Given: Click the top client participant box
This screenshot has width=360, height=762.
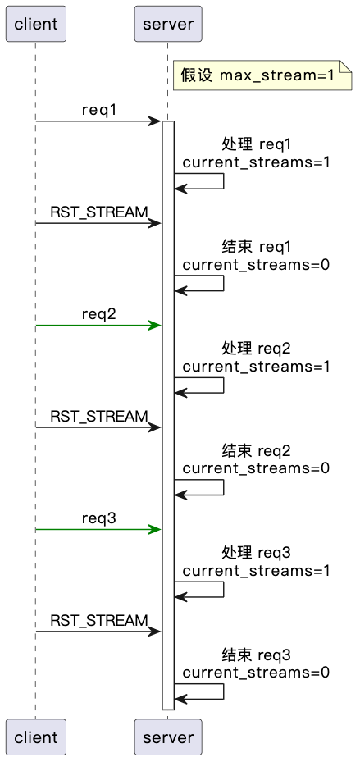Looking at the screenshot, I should [x=35, y=24].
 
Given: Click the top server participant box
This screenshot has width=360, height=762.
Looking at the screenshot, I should [x=167, y=24].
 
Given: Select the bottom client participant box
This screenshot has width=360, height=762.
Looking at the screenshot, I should [x=35, y=737].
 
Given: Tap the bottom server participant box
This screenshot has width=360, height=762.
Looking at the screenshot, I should [x=167, y=737].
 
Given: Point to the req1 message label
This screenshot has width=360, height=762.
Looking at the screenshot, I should [x=98, y=110].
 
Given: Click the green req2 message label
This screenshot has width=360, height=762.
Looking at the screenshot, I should [x=98, y=314].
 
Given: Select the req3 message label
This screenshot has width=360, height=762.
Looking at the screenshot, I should [x=98, y=518].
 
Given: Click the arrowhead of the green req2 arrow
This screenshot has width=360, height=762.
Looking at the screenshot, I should [x=155, y=326].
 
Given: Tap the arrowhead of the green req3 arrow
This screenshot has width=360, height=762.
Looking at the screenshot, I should [x=155, y=530].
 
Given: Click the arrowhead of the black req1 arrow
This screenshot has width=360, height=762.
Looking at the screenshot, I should [x=155, y=121].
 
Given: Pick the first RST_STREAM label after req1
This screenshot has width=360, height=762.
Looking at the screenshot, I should [x=98, y=212].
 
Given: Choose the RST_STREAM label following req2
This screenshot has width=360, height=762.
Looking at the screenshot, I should [x=98, y=417].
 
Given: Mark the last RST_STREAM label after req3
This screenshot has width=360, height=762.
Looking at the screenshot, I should [x=98, y=621].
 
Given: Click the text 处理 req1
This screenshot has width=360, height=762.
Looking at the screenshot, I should [x=256, y=144].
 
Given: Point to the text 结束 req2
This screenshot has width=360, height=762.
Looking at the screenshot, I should [x=256, y=451].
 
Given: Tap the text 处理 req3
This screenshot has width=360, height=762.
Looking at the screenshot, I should [x=256, y=553].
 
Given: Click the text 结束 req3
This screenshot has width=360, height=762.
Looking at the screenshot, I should [x=256, y=655].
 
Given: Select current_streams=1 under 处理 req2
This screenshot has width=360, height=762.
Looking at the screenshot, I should [x=256, y=367].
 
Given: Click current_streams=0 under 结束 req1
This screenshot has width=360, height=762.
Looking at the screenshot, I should [x=256, y=264].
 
